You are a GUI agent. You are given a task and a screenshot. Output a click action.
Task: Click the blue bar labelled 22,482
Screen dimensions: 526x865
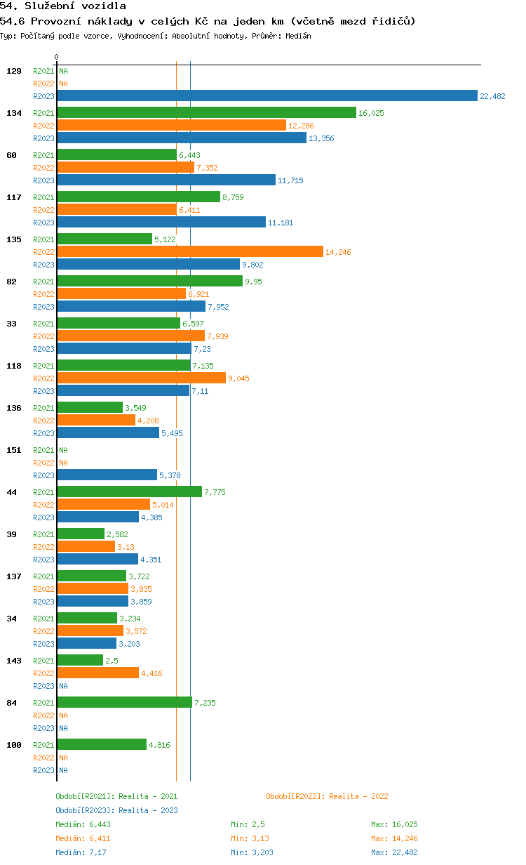(267, 95)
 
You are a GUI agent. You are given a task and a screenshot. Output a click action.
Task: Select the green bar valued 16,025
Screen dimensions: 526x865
(207, 112)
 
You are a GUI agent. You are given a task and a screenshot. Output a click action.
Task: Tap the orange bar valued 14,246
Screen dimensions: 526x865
(190, 251)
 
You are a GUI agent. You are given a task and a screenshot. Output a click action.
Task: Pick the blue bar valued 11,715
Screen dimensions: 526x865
(167, 180)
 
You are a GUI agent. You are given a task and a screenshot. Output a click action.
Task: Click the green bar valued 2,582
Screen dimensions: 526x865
(81, 534)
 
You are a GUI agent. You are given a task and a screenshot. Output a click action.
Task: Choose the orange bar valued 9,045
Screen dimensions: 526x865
(142, 378)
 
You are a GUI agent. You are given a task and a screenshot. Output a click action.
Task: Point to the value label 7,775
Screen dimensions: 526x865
(215, 492)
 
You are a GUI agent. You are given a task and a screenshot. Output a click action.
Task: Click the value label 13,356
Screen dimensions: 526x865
(321, 138)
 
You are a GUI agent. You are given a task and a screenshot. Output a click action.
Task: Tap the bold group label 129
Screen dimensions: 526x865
(14, 71)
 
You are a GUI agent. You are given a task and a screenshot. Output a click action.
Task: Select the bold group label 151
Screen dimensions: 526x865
(14, 450)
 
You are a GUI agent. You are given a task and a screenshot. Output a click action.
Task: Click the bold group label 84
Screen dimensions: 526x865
(11, 703)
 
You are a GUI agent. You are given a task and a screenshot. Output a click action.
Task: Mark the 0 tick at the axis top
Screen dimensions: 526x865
(56, 57)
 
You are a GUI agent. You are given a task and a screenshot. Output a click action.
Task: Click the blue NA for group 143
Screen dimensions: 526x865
(63, 686)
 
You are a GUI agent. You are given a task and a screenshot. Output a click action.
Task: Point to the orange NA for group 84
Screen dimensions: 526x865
(63, 715)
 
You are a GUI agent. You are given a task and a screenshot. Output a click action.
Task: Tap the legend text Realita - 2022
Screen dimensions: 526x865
(358, 796)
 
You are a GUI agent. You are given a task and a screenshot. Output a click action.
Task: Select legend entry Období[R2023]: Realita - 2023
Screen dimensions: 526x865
(116, 810)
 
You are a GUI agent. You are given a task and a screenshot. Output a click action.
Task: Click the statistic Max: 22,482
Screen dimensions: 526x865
(394, 852)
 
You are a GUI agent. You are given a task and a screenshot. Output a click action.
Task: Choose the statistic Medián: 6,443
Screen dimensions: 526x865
(83, 824)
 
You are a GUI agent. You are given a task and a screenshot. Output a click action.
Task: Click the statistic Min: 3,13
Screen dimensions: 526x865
(250, 838)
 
